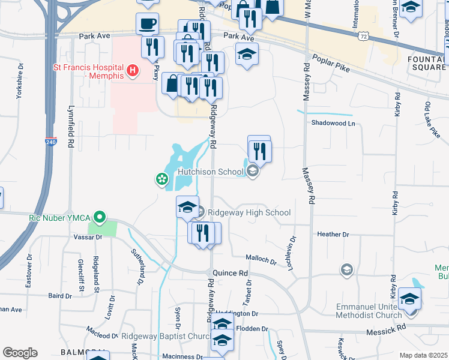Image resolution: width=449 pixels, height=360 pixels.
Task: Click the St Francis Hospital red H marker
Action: coord(133,71)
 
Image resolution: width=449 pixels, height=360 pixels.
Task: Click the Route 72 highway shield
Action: coord(363,36)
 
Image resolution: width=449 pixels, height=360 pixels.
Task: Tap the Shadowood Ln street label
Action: coord(333,123)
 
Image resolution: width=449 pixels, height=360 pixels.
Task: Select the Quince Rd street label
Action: coord(235,273)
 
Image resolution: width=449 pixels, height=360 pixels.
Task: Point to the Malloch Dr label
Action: coord(261,260)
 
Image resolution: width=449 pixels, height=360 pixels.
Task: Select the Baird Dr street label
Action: coord(60,296)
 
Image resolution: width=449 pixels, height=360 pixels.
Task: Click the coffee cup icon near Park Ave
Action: coord(147,24)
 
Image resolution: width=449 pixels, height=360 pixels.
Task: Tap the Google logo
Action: coord(20,353)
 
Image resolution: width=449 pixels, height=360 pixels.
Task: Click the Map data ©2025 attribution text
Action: coord(423,355)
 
